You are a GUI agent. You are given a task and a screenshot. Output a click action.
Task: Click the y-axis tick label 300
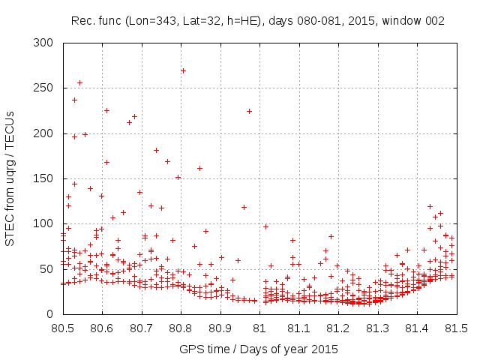46,43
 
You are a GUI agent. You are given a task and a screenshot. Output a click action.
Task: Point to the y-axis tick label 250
46,88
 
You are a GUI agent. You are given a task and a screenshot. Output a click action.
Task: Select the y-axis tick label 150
46,178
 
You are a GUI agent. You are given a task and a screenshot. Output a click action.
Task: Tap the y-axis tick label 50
49,268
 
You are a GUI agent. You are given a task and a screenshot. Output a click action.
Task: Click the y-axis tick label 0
52,314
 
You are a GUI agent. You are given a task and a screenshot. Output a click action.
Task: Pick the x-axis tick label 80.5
62,328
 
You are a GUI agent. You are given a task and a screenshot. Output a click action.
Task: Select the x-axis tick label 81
259,328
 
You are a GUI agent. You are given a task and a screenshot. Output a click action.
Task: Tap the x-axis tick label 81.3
378,328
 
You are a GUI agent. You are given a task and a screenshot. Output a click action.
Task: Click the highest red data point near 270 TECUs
183,70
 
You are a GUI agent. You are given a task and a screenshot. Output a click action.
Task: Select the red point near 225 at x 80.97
249,111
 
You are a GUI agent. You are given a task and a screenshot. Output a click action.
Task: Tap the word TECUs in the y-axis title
10,123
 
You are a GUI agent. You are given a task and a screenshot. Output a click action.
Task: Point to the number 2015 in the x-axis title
326,349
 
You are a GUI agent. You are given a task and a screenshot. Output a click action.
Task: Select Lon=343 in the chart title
149,21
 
